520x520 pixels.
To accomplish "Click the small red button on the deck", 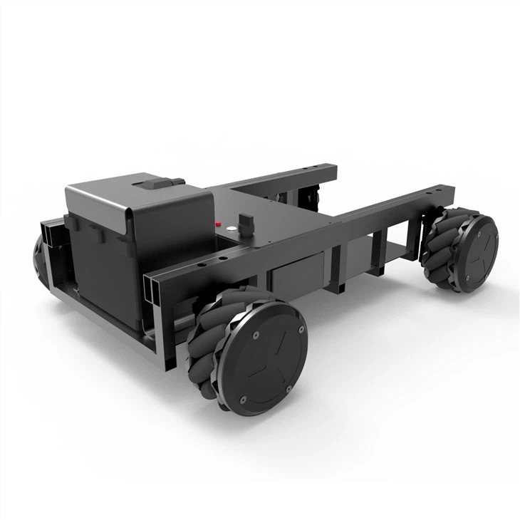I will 217,223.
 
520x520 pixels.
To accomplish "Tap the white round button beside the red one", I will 230,227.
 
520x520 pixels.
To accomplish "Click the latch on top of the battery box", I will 157,184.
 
